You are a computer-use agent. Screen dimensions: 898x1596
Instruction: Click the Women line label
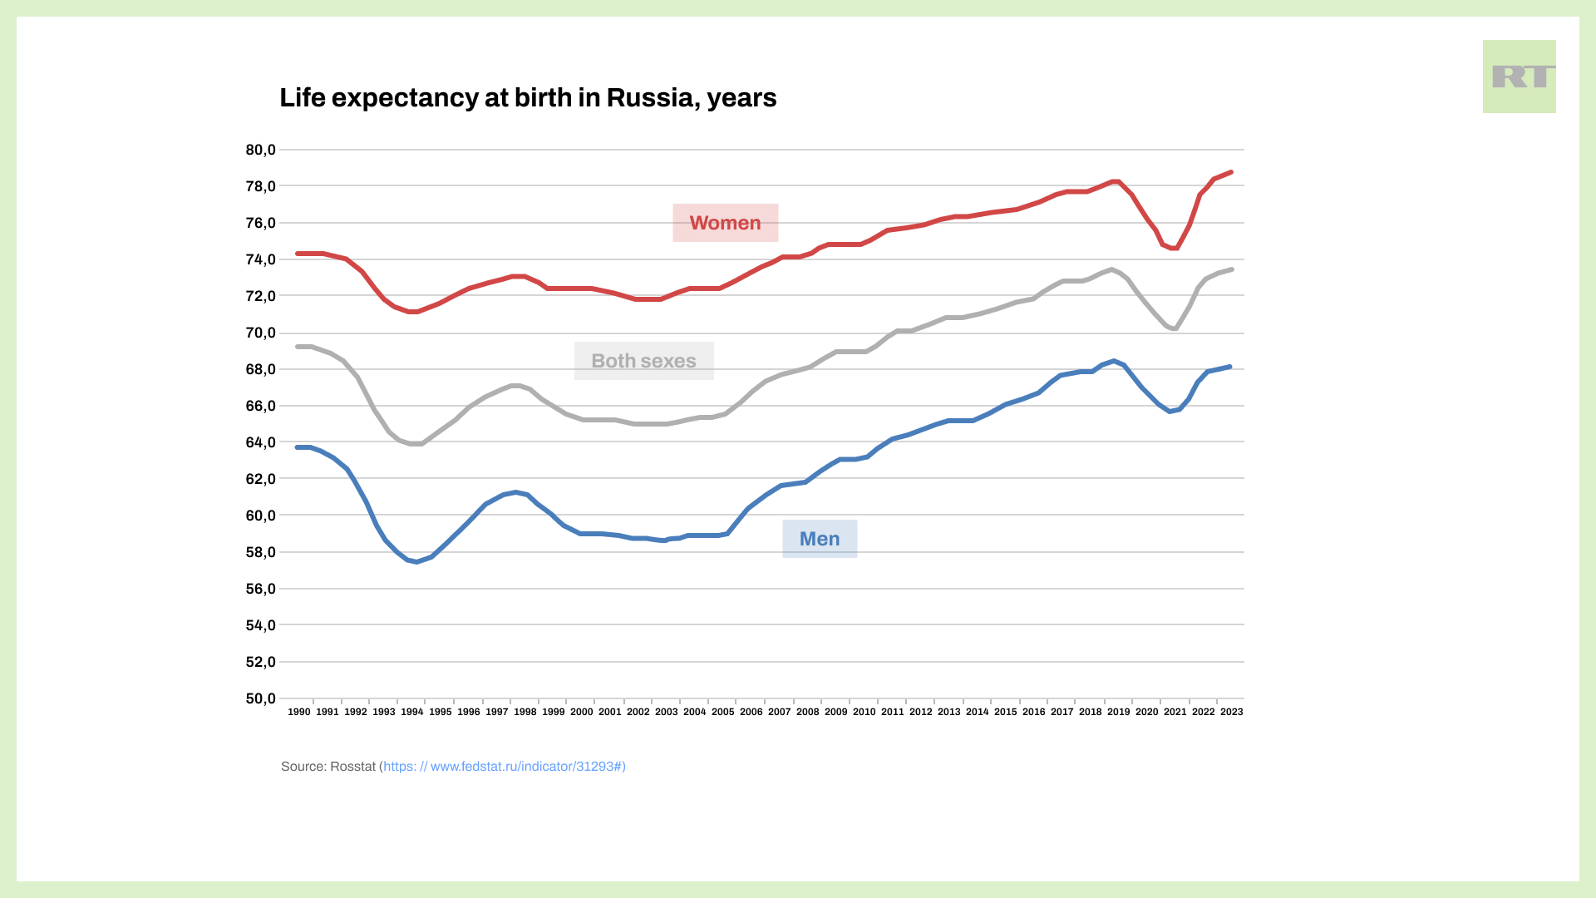(x=725, y=223)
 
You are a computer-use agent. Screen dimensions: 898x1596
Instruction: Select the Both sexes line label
(x=643, y=361)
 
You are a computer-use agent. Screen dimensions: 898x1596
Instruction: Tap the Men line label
(x=820, y=539)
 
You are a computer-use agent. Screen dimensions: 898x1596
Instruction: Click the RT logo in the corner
(x=1519, y=76)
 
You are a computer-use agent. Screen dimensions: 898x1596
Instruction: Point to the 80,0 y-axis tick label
(x=260, y=150)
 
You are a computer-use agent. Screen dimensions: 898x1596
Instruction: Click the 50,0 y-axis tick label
(x=260, y=698)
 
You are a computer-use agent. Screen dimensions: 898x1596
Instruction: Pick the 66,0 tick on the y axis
(x=260, y=406)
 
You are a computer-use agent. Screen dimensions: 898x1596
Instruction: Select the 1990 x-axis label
(x=299, y=712)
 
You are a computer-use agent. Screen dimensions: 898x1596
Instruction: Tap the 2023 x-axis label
(x=1231, y=712)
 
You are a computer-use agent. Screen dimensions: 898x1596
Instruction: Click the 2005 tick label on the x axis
(x=723, y=712)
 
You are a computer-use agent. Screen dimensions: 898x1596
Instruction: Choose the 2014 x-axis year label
(x=978, y=712)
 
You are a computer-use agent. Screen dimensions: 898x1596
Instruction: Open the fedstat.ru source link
(x=504, y=767)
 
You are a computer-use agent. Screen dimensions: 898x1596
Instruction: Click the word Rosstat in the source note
(x=352, y=767)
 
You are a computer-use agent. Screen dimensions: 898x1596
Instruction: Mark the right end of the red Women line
(x=1231, y=172)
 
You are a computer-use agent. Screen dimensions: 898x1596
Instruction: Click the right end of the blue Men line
(x=1229, y=367)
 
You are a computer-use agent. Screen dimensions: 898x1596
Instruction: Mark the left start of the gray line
(x=298, y=347)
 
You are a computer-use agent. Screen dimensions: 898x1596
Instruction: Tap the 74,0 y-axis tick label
(x=260, y=259)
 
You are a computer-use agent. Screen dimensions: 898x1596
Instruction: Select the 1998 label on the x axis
(x=525, y=712)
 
